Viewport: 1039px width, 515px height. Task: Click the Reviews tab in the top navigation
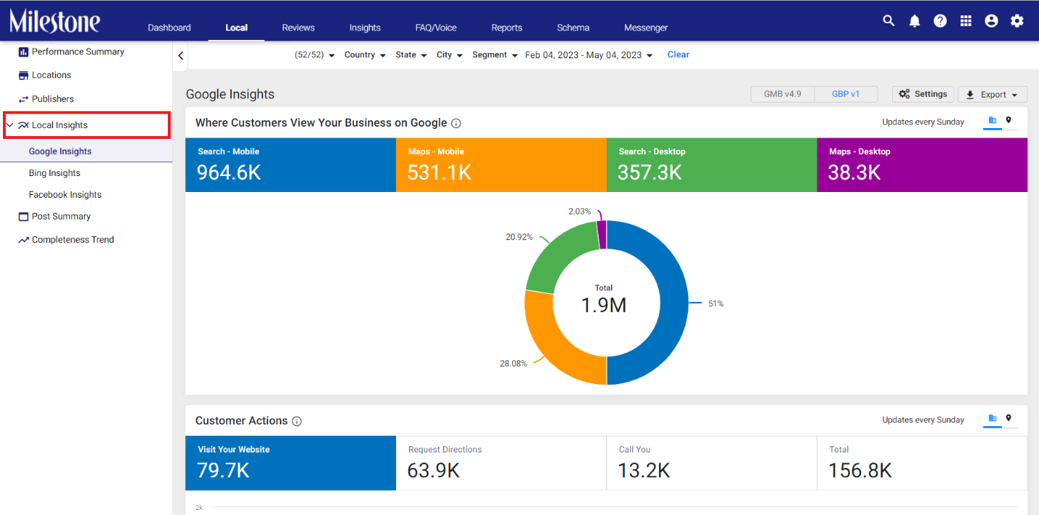pyautogui.click(x=298, y=28)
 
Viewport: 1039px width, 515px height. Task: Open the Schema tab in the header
pyautogui.click(x=573, y=28)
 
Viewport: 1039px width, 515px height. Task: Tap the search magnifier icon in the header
pyautogui.click(x=889, y=21)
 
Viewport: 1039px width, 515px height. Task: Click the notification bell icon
pyautogui.click(x=914, y=21)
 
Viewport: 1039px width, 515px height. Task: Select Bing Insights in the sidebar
pyautogui.click(x=54, y=172)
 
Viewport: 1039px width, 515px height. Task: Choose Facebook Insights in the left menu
pyautogui.click(x=65, y=194)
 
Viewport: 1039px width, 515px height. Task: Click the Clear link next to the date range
pyautogui.click(x=678, y=55)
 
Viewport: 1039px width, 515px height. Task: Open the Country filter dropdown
pyautogui.click(x=365, y=55)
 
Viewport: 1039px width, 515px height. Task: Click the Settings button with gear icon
pyautogui.click(x=923, y=94)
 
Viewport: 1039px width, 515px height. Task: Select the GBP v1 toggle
pyautogui.click(x=846, y=94)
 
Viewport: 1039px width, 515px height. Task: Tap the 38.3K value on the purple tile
pyautogui.click(x=854, y=172)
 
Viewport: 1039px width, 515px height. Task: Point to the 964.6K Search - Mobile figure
pyautogui.click(x=229, y=172)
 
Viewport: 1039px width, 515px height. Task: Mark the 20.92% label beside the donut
pyautogui.click(x=519, y=237)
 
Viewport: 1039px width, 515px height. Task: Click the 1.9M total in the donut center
pyautogui.click(x=604, y=305)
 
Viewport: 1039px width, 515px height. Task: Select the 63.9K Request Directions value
pyautogui.click(x=433, y=471)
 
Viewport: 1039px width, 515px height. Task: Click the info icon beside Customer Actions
pyautogui.click(x=297, y=421)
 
